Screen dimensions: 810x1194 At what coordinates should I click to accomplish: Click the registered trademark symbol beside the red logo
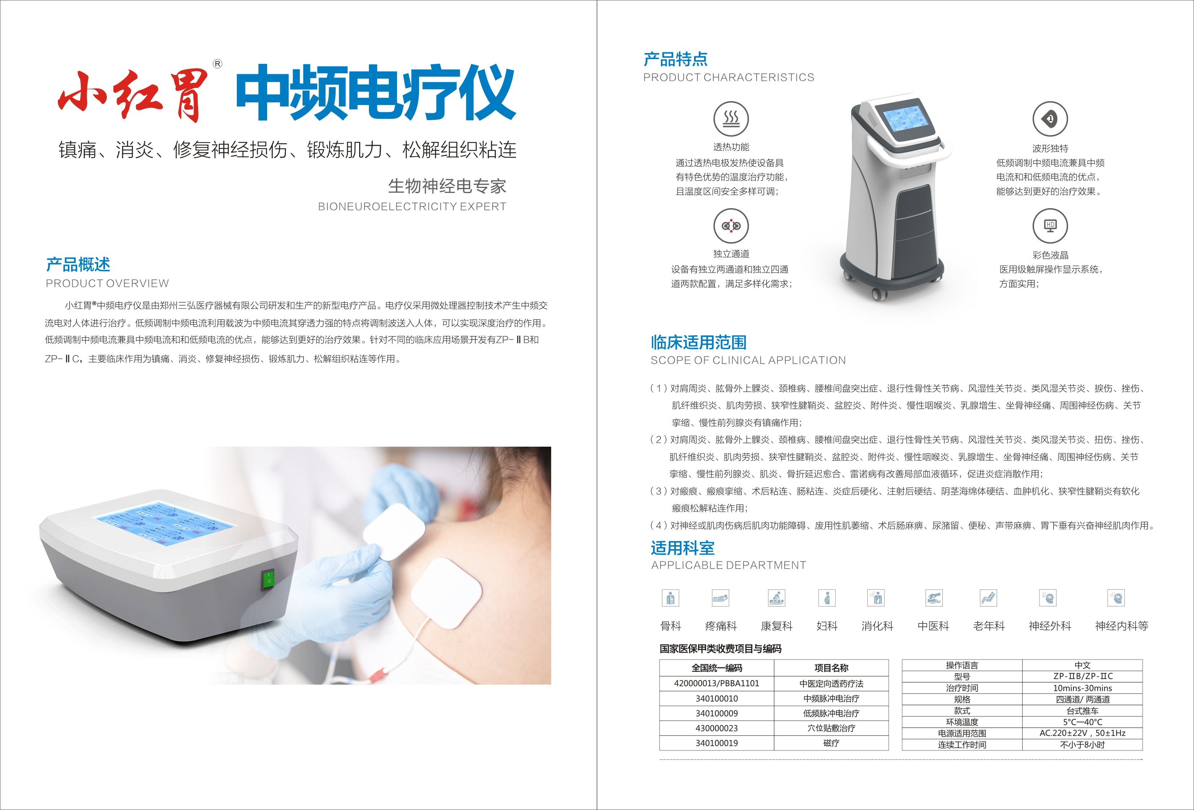click(217, 64)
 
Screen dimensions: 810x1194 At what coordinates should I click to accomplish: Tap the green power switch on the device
click(268, 579)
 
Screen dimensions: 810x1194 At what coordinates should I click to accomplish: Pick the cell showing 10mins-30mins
click(1082, 688)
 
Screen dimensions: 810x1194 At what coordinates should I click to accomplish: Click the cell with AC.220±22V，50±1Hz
click(1082, 733)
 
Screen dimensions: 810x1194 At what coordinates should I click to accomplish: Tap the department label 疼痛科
click(721, 626)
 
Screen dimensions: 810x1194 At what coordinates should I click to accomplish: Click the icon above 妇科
click(827, 598)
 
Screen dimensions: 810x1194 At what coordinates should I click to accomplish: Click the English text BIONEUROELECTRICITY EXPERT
click(412, 206)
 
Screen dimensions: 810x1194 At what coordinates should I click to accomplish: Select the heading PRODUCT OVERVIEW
click(107, 284)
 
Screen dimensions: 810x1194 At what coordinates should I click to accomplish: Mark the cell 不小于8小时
click(1082, 745)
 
